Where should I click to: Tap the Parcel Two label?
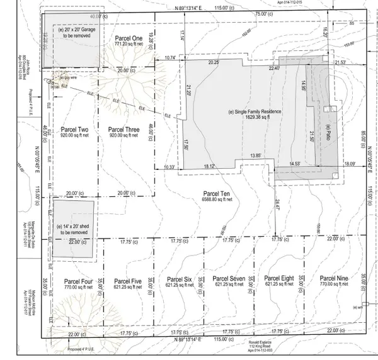(74, 130)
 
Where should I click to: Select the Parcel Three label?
(123, 130)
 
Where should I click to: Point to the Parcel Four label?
(79, 280)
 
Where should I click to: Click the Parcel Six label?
(179, 278)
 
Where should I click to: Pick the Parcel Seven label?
(229, 278)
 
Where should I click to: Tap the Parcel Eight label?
(279, 278)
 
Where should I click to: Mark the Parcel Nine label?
(334, 278)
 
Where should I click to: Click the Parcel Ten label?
(215, 192)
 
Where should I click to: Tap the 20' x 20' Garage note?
(76, 30)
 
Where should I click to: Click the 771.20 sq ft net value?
(130, 45)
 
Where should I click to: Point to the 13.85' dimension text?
(255, 155)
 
